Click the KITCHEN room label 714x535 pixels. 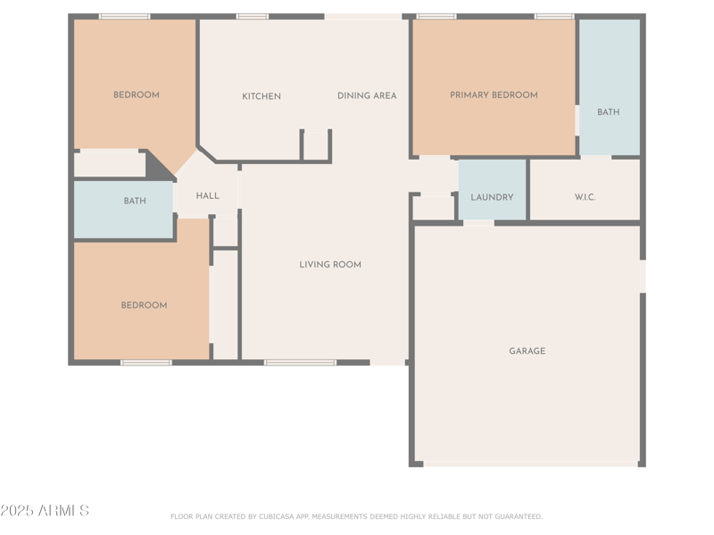coord(262,96)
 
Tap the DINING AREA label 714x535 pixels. coord(367,95)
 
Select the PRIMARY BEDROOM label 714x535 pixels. coord(494,95)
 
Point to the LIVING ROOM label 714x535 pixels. coord(330,264)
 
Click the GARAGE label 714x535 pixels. coord(527,351)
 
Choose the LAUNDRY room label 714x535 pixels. coord(492,197)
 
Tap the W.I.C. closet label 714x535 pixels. coord(585,197)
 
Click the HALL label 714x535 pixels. coord(208,196)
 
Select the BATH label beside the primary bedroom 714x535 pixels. coord(608,112)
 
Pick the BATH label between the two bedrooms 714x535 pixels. coord(135,202)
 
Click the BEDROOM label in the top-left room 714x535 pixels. coord(137,95)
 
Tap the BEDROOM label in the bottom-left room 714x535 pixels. coord(144,305)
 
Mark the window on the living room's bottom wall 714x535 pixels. coord(300,362)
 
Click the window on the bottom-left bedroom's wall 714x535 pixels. coord(145,362)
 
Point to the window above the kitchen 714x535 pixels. coord(253,16)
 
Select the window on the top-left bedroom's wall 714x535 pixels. coord(124,16)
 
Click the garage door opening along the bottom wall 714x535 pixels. coord(530,464)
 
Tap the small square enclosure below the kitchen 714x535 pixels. coord(315,145)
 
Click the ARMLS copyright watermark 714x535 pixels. coord(45,511)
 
